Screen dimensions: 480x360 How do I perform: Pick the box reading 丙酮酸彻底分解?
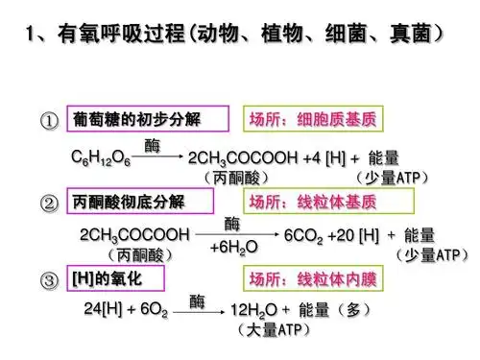pyautogui.click(x=136, y=203)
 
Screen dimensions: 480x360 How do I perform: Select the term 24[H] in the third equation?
pyautogui.click(x=104, y=312)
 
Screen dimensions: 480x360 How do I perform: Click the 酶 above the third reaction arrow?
pyautogui.click(x=197, y=300)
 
